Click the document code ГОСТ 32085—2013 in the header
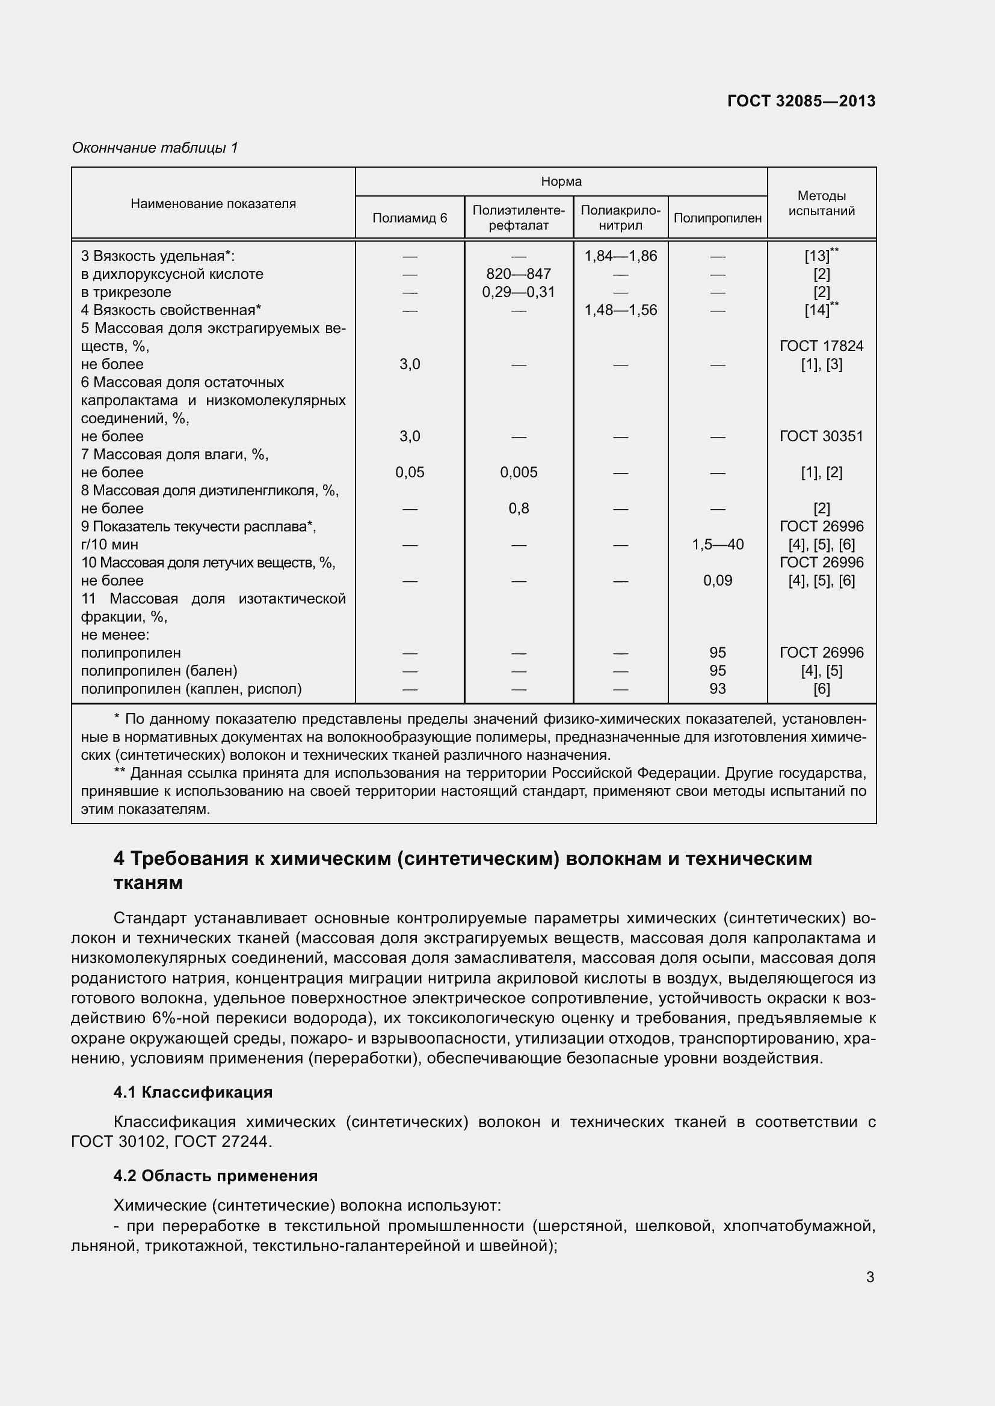[801, 101]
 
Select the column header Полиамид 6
[409, 218]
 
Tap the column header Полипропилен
[717, 218]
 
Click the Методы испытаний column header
[821, 203]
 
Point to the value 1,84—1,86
[620, 256]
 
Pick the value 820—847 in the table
[519, 274]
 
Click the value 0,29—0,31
[519, 292]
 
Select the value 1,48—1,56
[620, 310]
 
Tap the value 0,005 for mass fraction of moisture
[519, 472]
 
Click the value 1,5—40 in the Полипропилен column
[717, 545]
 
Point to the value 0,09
[717, 581]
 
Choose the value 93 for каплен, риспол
[717, 689]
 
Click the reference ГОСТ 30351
[821, 436]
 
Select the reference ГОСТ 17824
[821, 346]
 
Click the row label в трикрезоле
[126, 292]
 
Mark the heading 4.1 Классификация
[193, 1092]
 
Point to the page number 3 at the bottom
[870, 1277]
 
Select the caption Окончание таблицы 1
[155, 148]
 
